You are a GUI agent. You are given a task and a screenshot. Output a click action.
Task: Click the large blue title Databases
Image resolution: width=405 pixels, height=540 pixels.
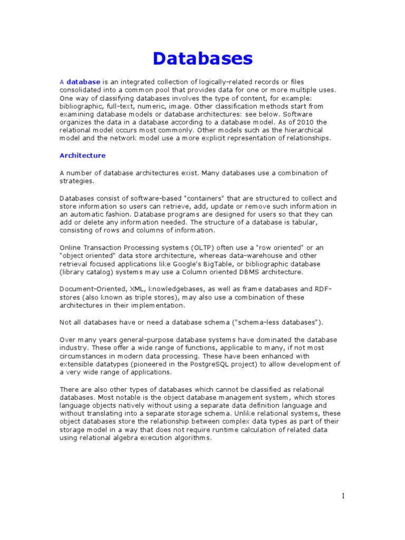(x=202, y=58)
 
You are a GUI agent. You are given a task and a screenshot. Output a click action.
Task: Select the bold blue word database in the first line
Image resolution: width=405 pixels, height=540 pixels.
(x=83, y=82)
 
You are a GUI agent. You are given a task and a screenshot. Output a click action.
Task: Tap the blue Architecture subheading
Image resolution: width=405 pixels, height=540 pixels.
(x=82, y=156)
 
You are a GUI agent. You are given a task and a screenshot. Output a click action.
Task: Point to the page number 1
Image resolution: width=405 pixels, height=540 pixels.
(x=342, y=496)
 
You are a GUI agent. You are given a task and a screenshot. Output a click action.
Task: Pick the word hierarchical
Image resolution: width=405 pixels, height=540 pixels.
(x=303, y=130)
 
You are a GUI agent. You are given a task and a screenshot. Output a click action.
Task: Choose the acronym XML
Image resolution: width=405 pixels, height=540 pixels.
(x=138, y=289)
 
